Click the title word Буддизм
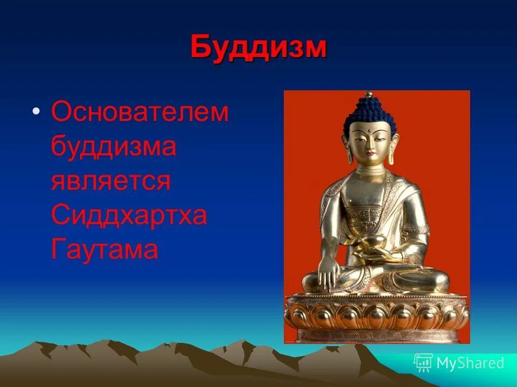(258, 48)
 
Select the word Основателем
(140, 113)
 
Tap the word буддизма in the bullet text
(114, 146)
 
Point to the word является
(111, 181)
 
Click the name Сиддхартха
(129, 215)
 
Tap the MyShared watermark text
(470, 363)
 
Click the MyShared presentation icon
(423, 363)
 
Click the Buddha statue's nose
(369, 144)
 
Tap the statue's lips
(369, 154)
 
